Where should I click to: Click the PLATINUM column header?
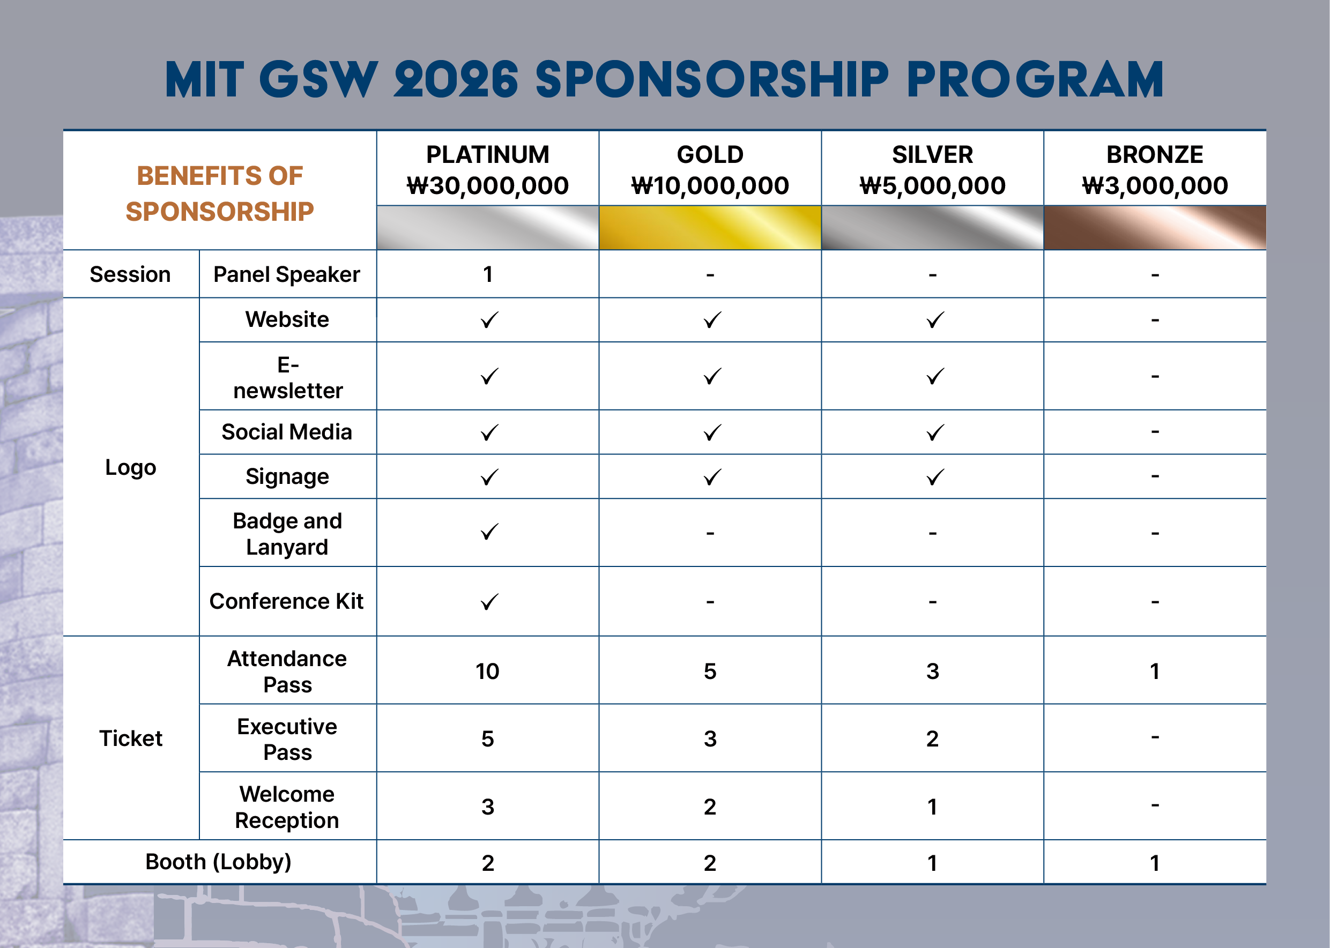pos(487,155)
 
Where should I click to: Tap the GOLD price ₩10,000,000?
pos(710,185)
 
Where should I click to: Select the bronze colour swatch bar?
pos(1155,227)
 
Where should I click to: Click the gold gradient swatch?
pos(710,227)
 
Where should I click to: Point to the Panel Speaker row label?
pos(287,274)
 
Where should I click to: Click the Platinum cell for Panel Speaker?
pos(487,274)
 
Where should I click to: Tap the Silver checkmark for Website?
pos(935,320)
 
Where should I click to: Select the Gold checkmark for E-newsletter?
pos(712,377)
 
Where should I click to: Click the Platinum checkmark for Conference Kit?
pos(489,602)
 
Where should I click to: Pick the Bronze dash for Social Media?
pos(1155,432)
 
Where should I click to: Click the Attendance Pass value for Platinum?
pos(487,671)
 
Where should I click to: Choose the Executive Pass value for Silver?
pos(932,739)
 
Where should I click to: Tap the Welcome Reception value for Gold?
pos(710,807)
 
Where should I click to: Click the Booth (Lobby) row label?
pos(218,862)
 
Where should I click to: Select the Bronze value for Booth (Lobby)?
pos(1155,863)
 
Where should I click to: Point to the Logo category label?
pos(131,468)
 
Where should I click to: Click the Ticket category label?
pos(131,738)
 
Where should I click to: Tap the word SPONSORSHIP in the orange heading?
pos(220,211)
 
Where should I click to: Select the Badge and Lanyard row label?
pos(287,534)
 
